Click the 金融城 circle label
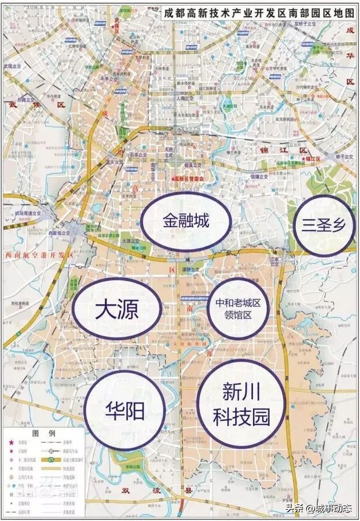[187, 222]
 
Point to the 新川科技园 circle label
[241, 403]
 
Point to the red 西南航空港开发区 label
[38, 254]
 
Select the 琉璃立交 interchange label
[259, 178]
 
